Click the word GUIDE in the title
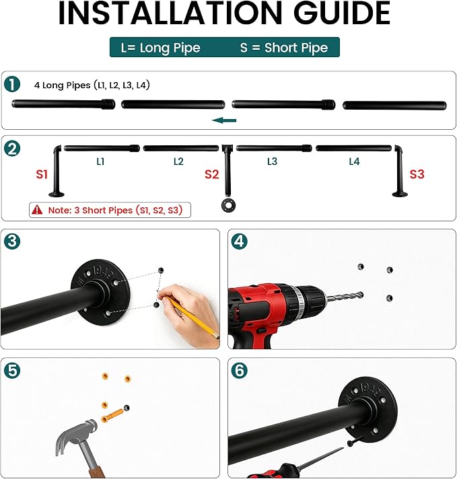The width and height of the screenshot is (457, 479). click(341, 13)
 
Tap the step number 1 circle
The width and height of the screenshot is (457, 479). click(12, 84)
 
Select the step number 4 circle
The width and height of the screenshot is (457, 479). click(239, 242)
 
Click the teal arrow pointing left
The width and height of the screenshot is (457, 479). click(224, 120)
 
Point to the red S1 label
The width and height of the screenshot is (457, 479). click(42, 174)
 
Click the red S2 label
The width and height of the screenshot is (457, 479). click(212, 174)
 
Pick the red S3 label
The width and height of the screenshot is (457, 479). click(417, 174)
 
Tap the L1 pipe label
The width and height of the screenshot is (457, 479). click(100, 161)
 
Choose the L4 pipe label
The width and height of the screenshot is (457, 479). click(354, 161)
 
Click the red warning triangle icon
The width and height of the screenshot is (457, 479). click(37, 210)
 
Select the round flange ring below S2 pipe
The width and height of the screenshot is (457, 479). click(228, 205)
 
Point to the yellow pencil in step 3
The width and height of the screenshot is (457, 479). click(192, 316)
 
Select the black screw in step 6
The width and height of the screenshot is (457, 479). click(355, 441)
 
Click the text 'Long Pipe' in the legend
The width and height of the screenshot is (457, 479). click(170, 48)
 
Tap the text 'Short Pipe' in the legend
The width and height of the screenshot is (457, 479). click(296, 48)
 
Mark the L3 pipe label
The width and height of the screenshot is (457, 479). click(272, 161)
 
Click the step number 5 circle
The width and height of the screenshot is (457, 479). click(12, 370)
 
